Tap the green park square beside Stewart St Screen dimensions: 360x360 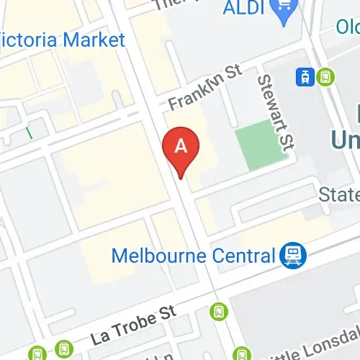(x=255, y=147)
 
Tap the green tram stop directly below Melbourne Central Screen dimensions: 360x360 (x=218, y=311)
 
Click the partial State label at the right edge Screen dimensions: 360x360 (x=339, y=195)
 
